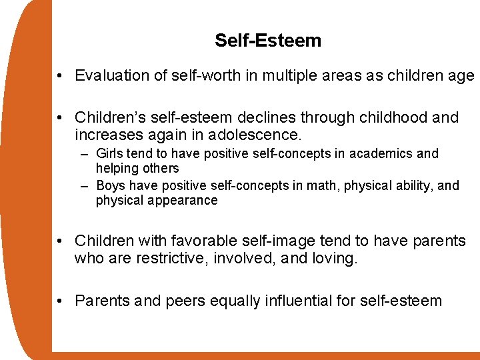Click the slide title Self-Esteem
tap(268, 41)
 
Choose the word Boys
tap(112, 185)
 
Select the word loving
tap(335, 259)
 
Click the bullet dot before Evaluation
tap(60, 76)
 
